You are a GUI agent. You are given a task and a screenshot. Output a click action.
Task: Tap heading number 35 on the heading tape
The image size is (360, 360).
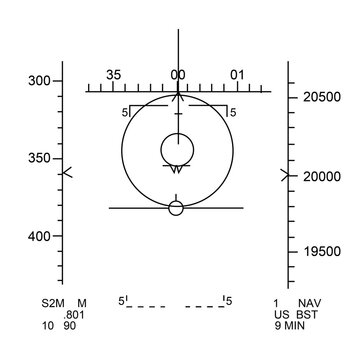113,75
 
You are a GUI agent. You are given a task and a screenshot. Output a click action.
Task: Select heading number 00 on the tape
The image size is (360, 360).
177,75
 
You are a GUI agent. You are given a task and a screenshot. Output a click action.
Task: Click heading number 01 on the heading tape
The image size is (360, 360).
237,75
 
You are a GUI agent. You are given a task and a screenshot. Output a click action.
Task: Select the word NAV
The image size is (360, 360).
310,302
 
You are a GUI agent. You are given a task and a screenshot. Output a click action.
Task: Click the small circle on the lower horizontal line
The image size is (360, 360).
176,208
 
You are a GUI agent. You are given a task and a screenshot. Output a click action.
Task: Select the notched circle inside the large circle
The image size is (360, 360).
177,150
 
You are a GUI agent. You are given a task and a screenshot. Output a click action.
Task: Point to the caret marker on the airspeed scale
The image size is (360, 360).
68,172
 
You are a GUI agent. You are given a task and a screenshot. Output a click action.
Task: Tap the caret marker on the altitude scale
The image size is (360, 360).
286,176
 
